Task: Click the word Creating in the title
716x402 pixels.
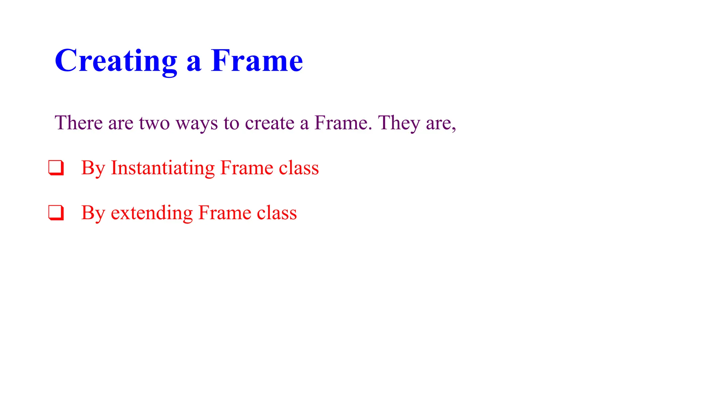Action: coord(116,61)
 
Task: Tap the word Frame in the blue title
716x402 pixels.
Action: coord(257,61)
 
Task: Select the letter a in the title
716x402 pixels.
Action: coord(194,63)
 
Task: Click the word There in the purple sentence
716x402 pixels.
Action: coord(79,123)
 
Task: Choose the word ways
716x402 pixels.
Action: coord(196,124)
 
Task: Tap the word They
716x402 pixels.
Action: coord(399,123)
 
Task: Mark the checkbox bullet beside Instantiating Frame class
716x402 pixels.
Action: coord(56,167)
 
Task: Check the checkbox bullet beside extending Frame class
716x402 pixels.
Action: coord(56,213)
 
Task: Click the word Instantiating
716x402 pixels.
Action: coord(163,168)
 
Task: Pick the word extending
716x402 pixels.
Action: coord(151,213)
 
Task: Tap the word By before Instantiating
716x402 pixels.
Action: coord(93,168)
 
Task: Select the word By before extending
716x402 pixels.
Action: coord(93,213)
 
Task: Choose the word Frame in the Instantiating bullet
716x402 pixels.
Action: coord(247,168)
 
